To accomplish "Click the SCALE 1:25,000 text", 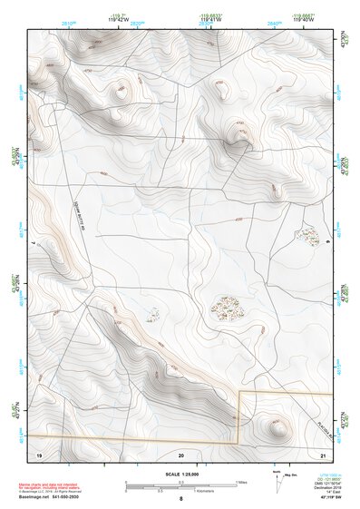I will point(181,474).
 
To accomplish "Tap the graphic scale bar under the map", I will point(181,483).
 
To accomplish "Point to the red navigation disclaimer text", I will point(56,485).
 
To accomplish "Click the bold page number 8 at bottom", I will point(181,498).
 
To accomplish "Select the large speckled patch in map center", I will point(228,308).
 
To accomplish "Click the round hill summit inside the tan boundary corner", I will point(274,424).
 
